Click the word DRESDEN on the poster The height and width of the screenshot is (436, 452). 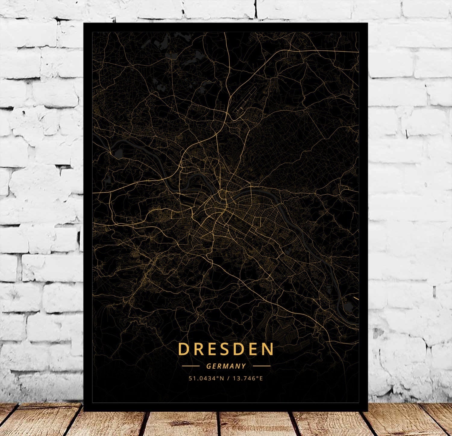coord(226,349)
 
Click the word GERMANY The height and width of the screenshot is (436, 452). coord(226,366)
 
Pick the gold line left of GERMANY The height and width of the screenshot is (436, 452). coord(191,366)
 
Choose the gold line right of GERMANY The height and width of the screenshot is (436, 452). coord(261,366)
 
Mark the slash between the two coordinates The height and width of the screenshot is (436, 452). coord(228,378)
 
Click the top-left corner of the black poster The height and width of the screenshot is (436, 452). coord(84,23)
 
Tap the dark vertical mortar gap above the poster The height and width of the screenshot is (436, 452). coord(256,9)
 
